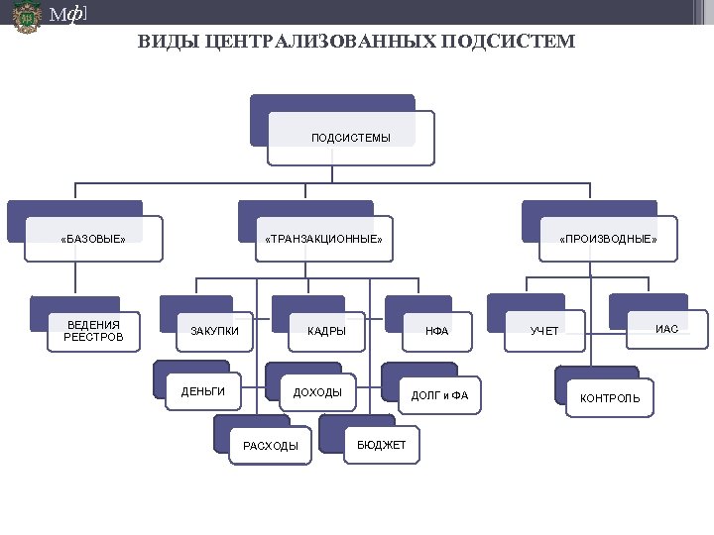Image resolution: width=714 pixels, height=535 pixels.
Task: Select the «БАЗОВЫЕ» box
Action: point(93,239)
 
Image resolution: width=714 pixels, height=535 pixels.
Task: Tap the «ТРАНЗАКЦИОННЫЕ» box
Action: point(323,239)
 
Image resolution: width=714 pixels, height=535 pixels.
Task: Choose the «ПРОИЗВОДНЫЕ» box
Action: point(607,239)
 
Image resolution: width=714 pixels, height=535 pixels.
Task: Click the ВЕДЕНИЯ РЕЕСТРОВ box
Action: point(93,331)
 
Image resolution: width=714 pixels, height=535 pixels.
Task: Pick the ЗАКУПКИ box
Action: point(214,331)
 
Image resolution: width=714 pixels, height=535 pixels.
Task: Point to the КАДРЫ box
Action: point(326,331)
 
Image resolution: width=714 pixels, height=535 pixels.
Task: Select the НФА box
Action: point(437,331)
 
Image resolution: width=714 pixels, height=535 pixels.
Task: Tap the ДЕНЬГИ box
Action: point(203,392)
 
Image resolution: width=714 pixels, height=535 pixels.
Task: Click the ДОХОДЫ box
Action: point(317,392)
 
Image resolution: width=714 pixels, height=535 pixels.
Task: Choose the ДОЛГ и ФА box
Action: point(439,396)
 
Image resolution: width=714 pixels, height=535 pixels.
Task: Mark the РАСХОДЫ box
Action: point(270,446)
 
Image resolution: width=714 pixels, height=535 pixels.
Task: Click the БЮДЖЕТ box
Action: point(382,445)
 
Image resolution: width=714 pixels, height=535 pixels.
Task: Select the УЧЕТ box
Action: point(544,331)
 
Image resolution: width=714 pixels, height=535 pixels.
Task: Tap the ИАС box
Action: point(667,329)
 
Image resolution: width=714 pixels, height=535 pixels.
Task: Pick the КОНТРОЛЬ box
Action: point(610,398)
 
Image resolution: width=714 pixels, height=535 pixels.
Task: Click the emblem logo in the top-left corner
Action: point(26,18)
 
